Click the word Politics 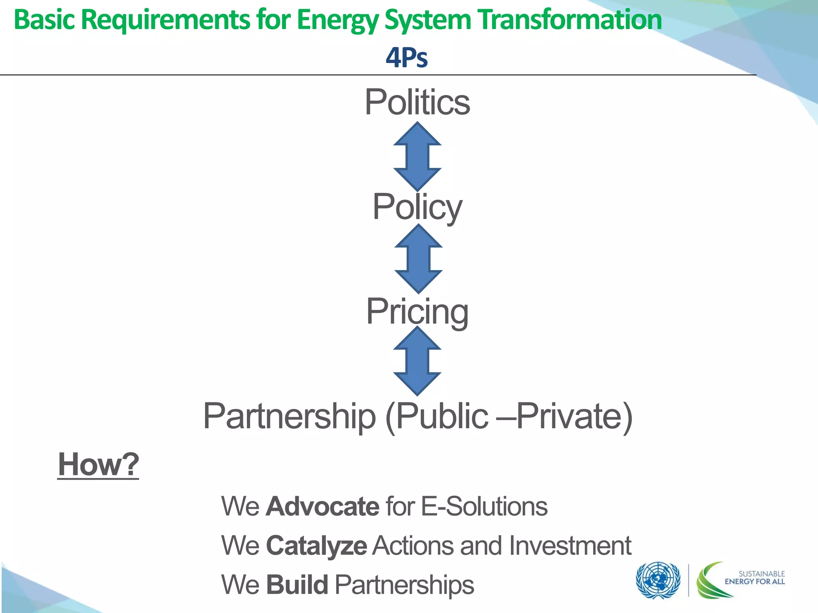click(417, 102)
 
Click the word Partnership click(290, 416)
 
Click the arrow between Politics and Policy click(417, 156)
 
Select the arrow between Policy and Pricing click(418, 259)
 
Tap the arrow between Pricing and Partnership click(417, 361)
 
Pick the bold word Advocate click(322, 506)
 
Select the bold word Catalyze click(316, 546)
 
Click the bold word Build click(297, 585)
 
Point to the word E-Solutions click(484, 506)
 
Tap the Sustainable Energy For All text click(754, 577)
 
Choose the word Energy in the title click(338, 20)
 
